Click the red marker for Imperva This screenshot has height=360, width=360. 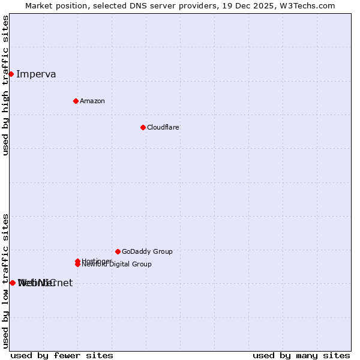(11, 74)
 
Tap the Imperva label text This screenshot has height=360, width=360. (36, 74)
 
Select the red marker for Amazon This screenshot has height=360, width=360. (76, 101)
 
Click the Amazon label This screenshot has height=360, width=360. (92, 101)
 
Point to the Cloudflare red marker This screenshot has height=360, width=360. (143, 127)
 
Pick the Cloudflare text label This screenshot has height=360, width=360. (163, 127)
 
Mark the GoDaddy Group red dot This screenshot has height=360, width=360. (118, 251)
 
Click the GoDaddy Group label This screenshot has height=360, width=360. (147, 251)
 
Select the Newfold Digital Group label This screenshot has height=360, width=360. (118, 265)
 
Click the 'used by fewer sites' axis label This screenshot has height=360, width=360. (62, 355)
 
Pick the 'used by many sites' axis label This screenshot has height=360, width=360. (301, 355)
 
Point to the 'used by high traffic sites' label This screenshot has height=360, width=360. (5, 86)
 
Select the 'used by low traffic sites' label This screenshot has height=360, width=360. (5, 281)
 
